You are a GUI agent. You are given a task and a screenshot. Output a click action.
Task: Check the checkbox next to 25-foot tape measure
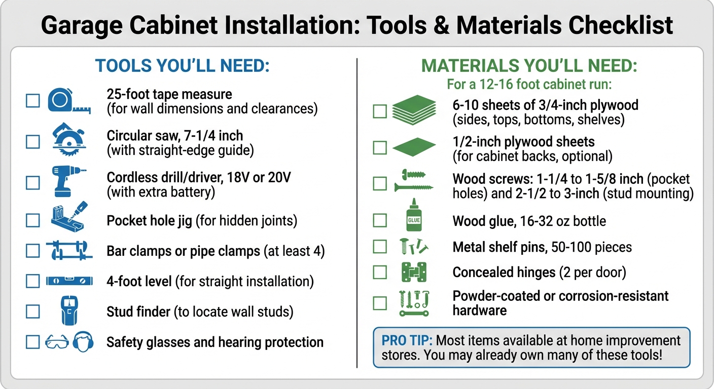click(x=33, y=101)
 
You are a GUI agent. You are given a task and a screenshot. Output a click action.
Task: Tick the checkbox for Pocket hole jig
click(x=33, y=220)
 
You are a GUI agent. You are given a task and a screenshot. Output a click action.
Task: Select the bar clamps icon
click(x=69, y=251)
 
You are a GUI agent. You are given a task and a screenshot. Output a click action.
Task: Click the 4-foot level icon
click(x=69, y=281)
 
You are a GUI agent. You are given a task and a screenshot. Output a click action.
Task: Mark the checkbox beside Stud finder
click(x=33, y=311)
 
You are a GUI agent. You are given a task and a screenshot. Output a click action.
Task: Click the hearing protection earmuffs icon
click(x=83, y=342)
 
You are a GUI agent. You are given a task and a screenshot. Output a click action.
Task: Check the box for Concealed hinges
click(x=380, y=272)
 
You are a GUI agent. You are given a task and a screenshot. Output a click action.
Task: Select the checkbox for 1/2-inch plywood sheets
click(x=380, y=147)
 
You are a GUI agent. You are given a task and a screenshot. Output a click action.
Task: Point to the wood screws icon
click(x=414, y=181)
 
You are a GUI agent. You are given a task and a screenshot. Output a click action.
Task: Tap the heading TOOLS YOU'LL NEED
click(x=182, y=66)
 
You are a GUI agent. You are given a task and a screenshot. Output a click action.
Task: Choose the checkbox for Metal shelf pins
click(x=380, y=247)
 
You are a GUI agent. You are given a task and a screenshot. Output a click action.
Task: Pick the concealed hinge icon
click(x=414, y=272)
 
